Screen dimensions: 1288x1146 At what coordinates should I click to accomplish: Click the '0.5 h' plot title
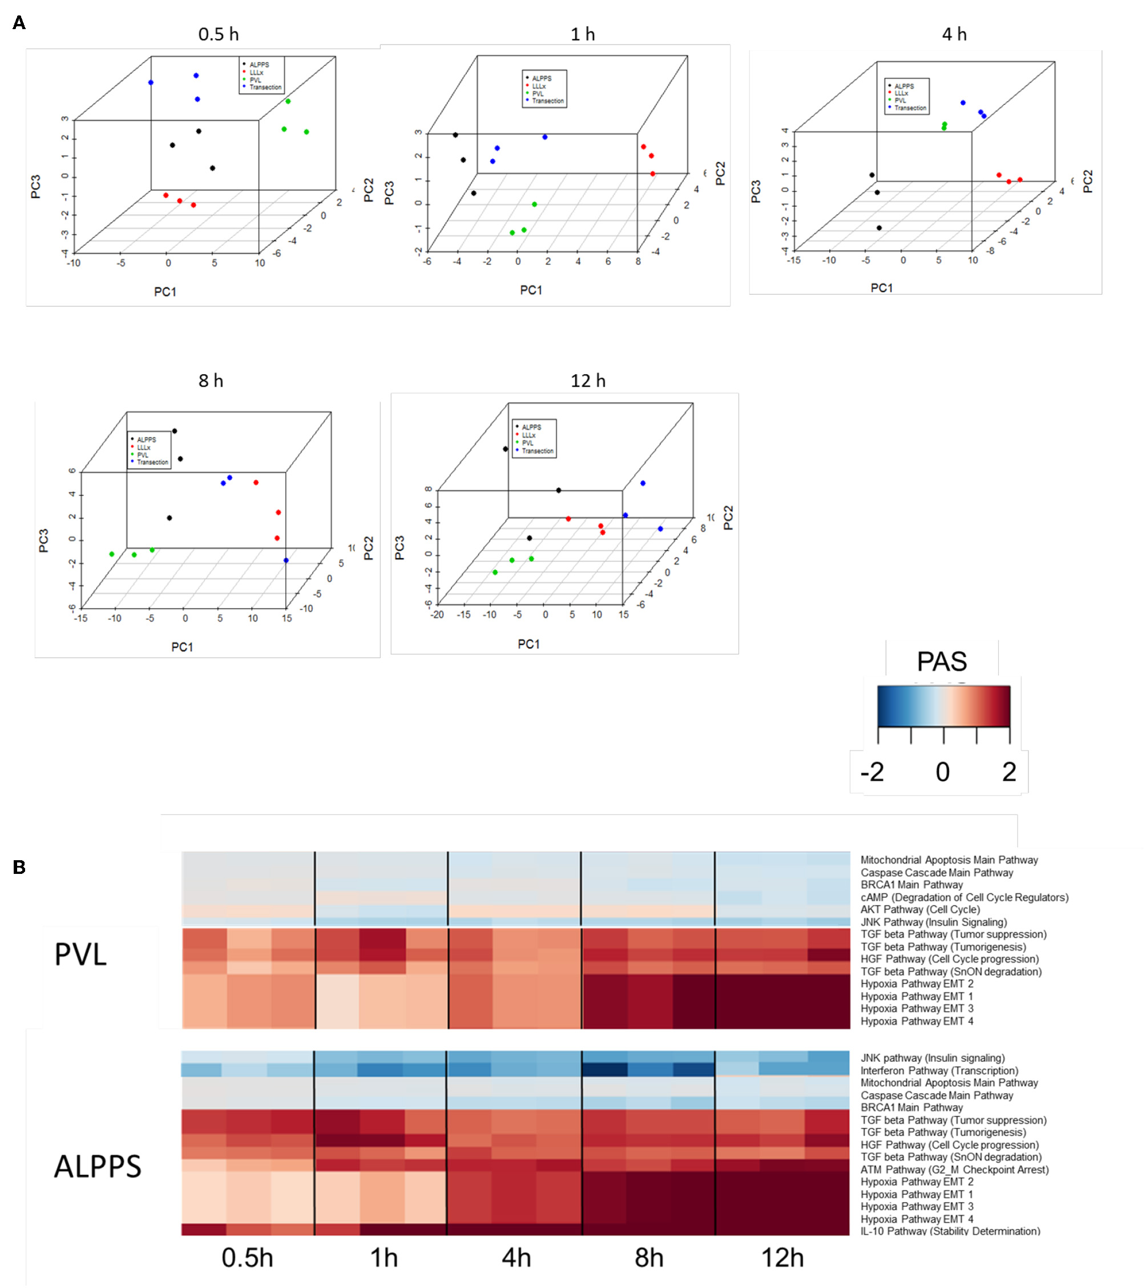[219, 34]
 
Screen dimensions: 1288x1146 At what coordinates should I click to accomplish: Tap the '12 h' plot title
[587, 380]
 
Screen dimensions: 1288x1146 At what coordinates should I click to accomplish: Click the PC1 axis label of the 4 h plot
[881, 288]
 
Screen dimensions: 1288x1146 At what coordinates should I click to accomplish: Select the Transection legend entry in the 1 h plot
[547, 101]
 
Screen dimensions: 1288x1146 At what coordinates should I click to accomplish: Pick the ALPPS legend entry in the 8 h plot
[146, 439]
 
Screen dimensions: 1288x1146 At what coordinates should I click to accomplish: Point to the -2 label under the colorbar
[872, 771]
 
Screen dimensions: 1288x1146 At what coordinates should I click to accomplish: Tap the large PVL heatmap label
[80, 954]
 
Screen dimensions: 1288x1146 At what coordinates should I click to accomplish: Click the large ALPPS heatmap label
[98, 1166]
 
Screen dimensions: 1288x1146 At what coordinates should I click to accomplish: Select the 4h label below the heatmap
[516, 1258]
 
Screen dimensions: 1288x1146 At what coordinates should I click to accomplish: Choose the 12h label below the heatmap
[782, 1258]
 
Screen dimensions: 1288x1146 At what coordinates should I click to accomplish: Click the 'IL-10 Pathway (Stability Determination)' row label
[950, 1231]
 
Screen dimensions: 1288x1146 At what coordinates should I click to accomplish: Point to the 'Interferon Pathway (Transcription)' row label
[939, 1070]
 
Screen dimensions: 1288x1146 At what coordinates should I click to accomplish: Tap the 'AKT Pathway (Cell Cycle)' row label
[920, 909]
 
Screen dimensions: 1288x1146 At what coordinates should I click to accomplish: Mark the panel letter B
[19, 867]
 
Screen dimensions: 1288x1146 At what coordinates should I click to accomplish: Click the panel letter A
[19, 23]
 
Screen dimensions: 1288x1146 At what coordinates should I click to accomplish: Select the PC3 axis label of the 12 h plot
[399, 548]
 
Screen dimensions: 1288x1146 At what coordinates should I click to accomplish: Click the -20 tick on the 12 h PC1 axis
[437, 615]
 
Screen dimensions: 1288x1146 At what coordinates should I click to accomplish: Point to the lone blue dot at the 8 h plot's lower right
[286, 560]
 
